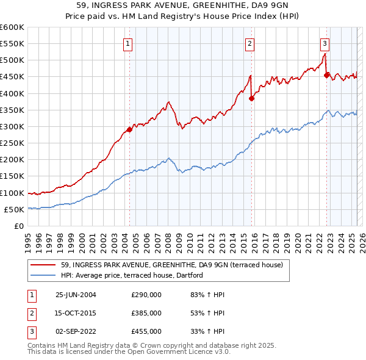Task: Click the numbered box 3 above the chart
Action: (x=325, y=43)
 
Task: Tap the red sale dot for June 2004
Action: (x=129, y=129)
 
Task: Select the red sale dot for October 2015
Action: (x=251, y=98)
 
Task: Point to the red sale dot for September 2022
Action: (x=326, y=75)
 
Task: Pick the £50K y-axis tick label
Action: (x=14, y=209)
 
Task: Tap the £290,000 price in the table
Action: (x=146, y=295)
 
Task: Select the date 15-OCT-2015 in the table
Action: (x=76, y=313)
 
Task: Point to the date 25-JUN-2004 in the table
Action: (x=76, y=295)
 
